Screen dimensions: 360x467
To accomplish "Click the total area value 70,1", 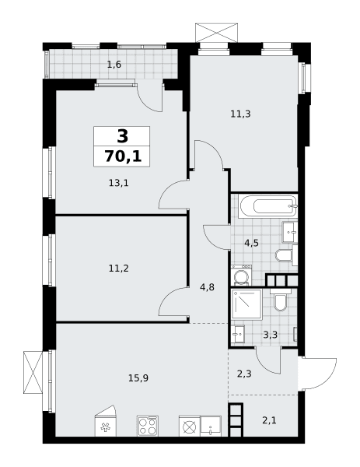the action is tap(123, 156).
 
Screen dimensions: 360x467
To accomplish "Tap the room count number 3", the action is tap(123, 136).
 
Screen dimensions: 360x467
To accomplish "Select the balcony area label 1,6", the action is tap(114, 65).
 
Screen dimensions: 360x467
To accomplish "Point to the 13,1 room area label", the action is tap(118, 183).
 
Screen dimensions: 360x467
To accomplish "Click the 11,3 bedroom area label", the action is tap(240, 114).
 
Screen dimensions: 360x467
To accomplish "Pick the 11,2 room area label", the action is tap(118, 269).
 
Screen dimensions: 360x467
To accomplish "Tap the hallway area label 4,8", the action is tap(207, 288).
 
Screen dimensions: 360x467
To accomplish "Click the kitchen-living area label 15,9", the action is tap(138, 378).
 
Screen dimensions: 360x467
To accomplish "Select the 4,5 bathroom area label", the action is tap(251, 244).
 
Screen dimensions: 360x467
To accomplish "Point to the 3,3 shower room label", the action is tap(270, 335).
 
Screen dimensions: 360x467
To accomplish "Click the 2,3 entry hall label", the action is tap(244, 374).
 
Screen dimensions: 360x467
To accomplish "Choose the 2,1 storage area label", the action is tap(269, 420).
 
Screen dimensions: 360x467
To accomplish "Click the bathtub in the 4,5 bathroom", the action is tap(268, 206).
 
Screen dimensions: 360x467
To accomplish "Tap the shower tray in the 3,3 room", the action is tap(247, 304).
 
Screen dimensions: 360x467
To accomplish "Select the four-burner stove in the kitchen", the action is tap(148, 427).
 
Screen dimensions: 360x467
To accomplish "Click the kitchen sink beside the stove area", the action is tap(211, 427).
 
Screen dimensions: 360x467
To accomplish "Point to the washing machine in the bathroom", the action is tap(242, 276).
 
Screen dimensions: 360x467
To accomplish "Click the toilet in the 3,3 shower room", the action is tap(280, 300).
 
